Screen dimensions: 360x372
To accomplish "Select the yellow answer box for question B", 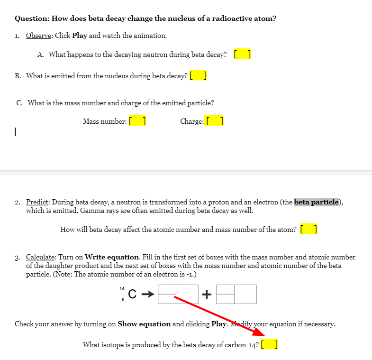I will [198, 75].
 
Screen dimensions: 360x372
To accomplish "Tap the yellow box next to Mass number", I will [137, 121].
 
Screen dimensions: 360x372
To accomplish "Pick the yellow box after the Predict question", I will [309, 230].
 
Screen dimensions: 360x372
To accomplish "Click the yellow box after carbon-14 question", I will [269, 345].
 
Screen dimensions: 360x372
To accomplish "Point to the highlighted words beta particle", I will [317, 202].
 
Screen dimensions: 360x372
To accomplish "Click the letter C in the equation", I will [133, 295].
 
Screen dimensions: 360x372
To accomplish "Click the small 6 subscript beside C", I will [123, 300].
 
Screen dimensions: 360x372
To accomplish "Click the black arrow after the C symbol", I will [148, 295].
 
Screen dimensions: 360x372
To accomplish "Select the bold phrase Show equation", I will [144, 324].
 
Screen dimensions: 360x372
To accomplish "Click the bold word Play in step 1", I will [80, 36].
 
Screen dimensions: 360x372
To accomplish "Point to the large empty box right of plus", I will [245, 294].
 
